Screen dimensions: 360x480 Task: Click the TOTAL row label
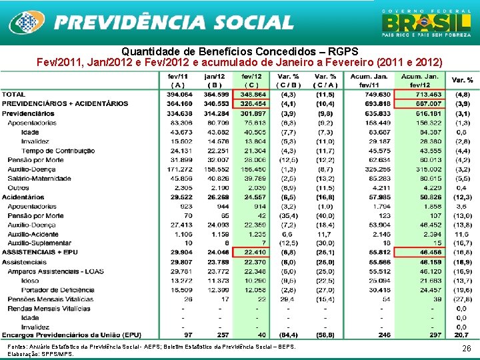pos(14,95)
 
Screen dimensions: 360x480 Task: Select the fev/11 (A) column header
pos(178,81)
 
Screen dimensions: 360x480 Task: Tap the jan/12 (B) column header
pos(214,81)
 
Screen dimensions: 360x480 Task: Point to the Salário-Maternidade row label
pos(40,179)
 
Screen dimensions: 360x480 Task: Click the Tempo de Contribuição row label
pos(58,151)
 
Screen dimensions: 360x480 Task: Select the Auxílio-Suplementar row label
pos(39,244)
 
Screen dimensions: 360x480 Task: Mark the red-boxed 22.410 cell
pos(253,253)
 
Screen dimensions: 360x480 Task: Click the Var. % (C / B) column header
pos(289,81)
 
